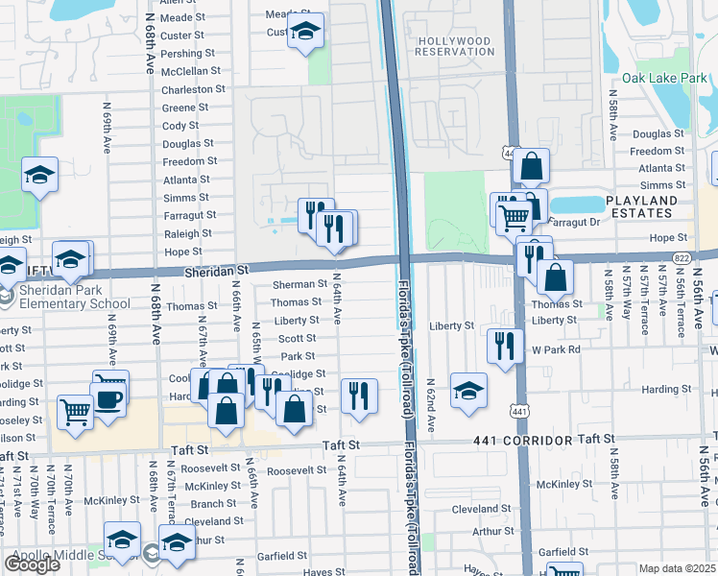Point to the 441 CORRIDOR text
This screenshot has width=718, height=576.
pyautogui.click(x=524, y=439)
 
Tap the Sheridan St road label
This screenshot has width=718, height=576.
pyautogui.click(x=216, y=273)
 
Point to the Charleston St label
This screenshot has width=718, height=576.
pyautogui.click(x=193, y=88)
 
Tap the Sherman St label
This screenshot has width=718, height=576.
pyautogui.click(x=299, y=284)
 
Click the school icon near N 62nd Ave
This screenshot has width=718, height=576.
pyautogui.click(x=467, y=390)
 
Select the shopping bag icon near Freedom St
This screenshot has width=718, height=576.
pyautogui.click(x=530, y=167)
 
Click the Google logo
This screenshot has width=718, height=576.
pyautogui.click(x=32, y=564)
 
